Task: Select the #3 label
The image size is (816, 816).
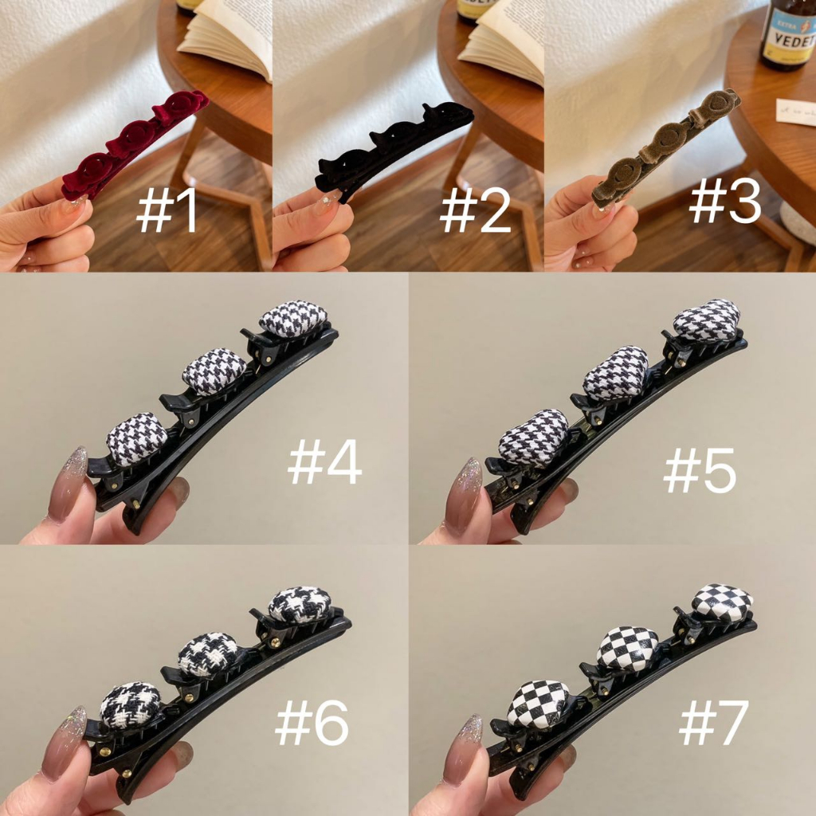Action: point(725,201)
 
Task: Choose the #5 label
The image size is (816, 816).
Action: point(700,471)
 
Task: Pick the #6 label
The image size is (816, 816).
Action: point(312,724)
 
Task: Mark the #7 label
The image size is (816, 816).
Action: point(713,724)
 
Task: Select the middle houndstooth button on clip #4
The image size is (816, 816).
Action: point(214,371)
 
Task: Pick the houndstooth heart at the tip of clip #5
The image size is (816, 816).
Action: point(707,320)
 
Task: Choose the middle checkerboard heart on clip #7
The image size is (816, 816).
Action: point(628,648)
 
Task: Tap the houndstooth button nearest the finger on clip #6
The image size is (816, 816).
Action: point(130,704)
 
